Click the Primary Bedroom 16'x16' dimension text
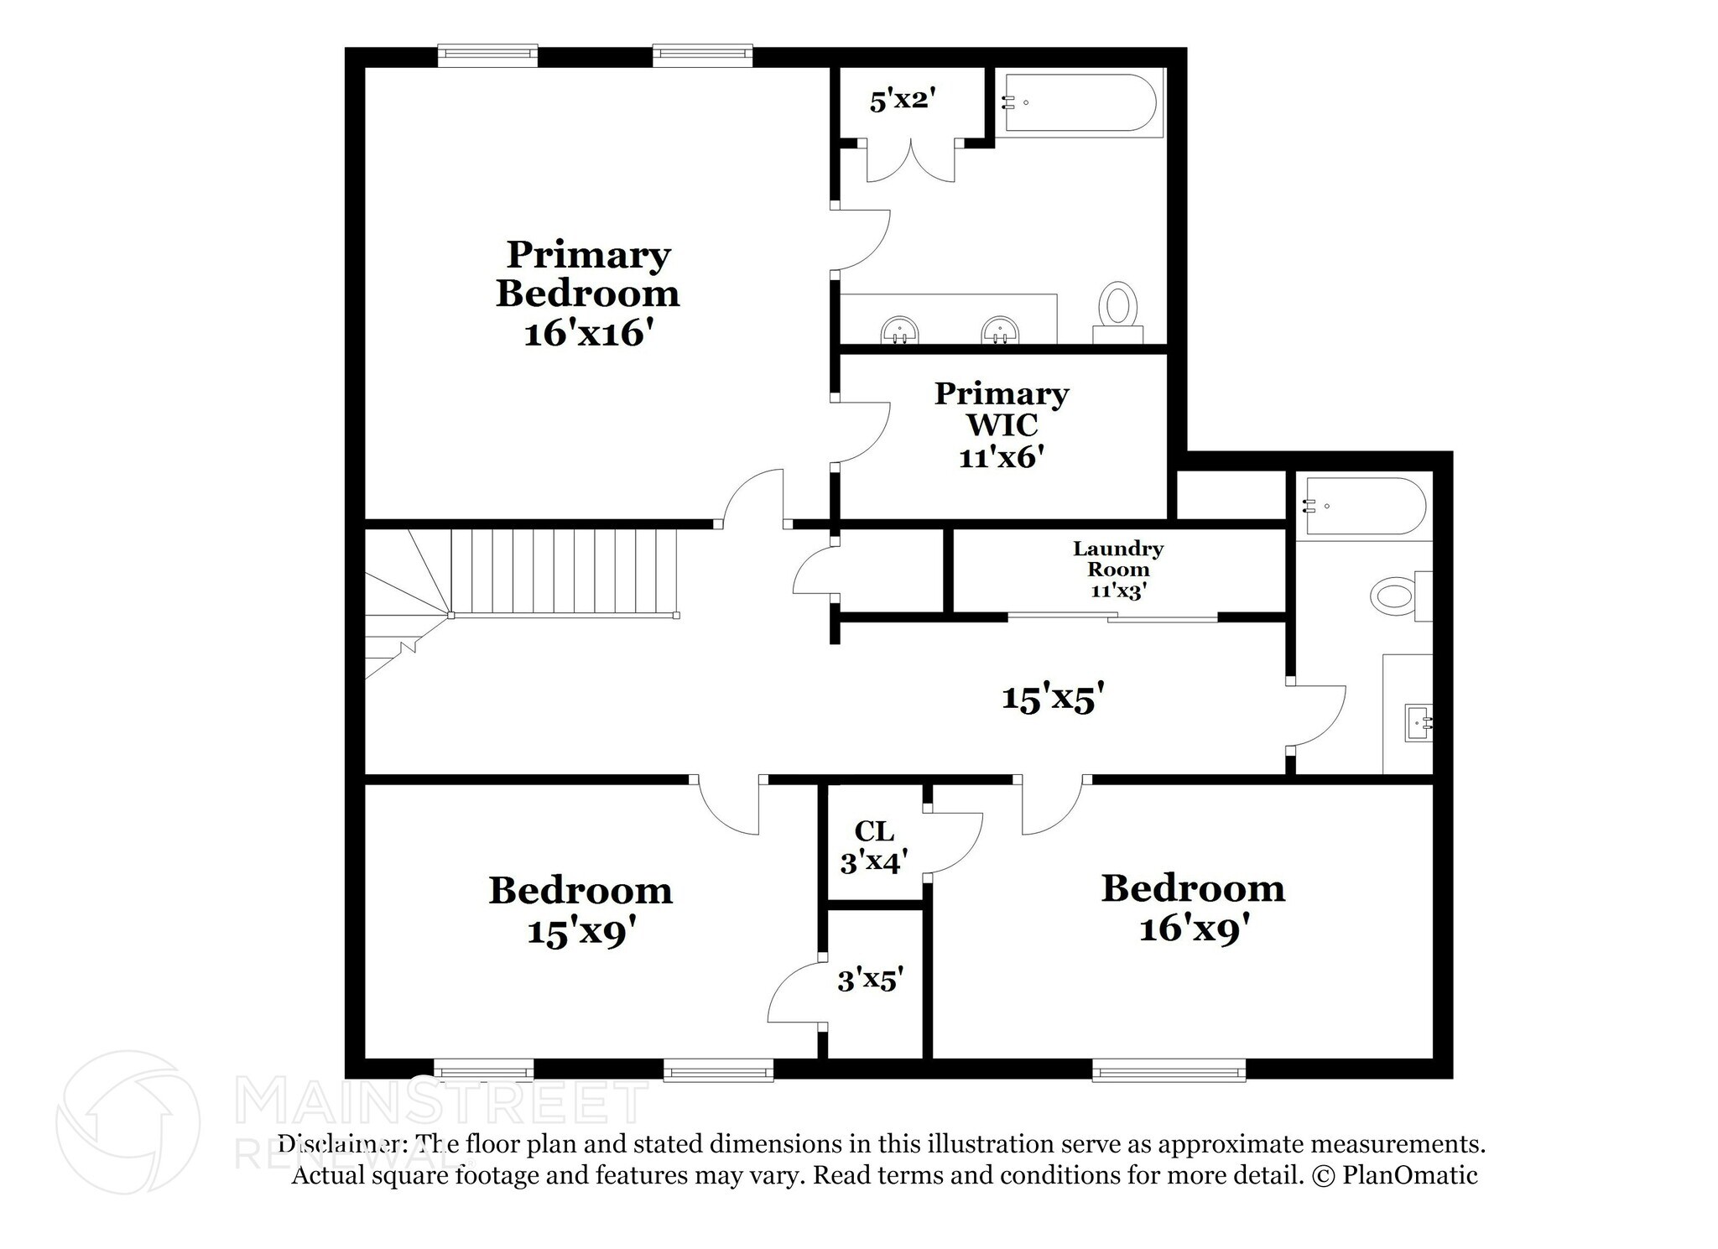(588, 333)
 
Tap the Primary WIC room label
(1002, 409)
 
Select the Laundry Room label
(1118, 559)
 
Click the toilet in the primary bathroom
(1117, 306)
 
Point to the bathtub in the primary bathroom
(1079, 103)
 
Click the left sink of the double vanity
(900, 330)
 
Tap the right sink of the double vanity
(1000, 330)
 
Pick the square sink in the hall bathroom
(1419, 721)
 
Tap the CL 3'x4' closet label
(874, 846)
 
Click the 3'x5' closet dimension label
(871, 979)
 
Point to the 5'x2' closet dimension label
(902, 101)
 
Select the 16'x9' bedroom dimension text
(1195, 929)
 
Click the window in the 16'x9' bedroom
(1169, 1069)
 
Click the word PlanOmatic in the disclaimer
(1409, 1174)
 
